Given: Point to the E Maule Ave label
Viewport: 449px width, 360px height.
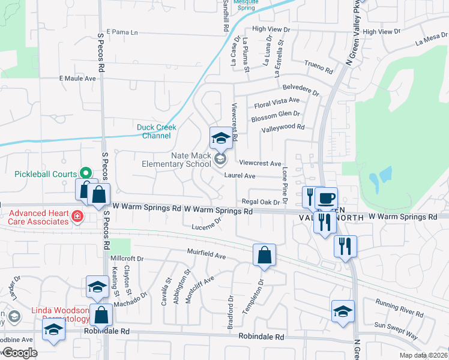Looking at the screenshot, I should (77, 79).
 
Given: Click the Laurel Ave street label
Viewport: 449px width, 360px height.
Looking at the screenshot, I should (240, 176).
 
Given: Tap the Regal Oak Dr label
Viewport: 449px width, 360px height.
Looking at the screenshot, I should (261, 202).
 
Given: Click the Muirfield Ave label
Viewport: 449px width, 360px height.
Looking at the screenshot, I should (206, 253).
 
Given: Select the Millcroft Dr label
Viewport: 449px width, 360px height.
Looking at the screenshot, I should (127, 259).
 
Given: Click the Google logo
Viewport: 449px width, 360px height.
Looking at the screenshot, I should (20, 353).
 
